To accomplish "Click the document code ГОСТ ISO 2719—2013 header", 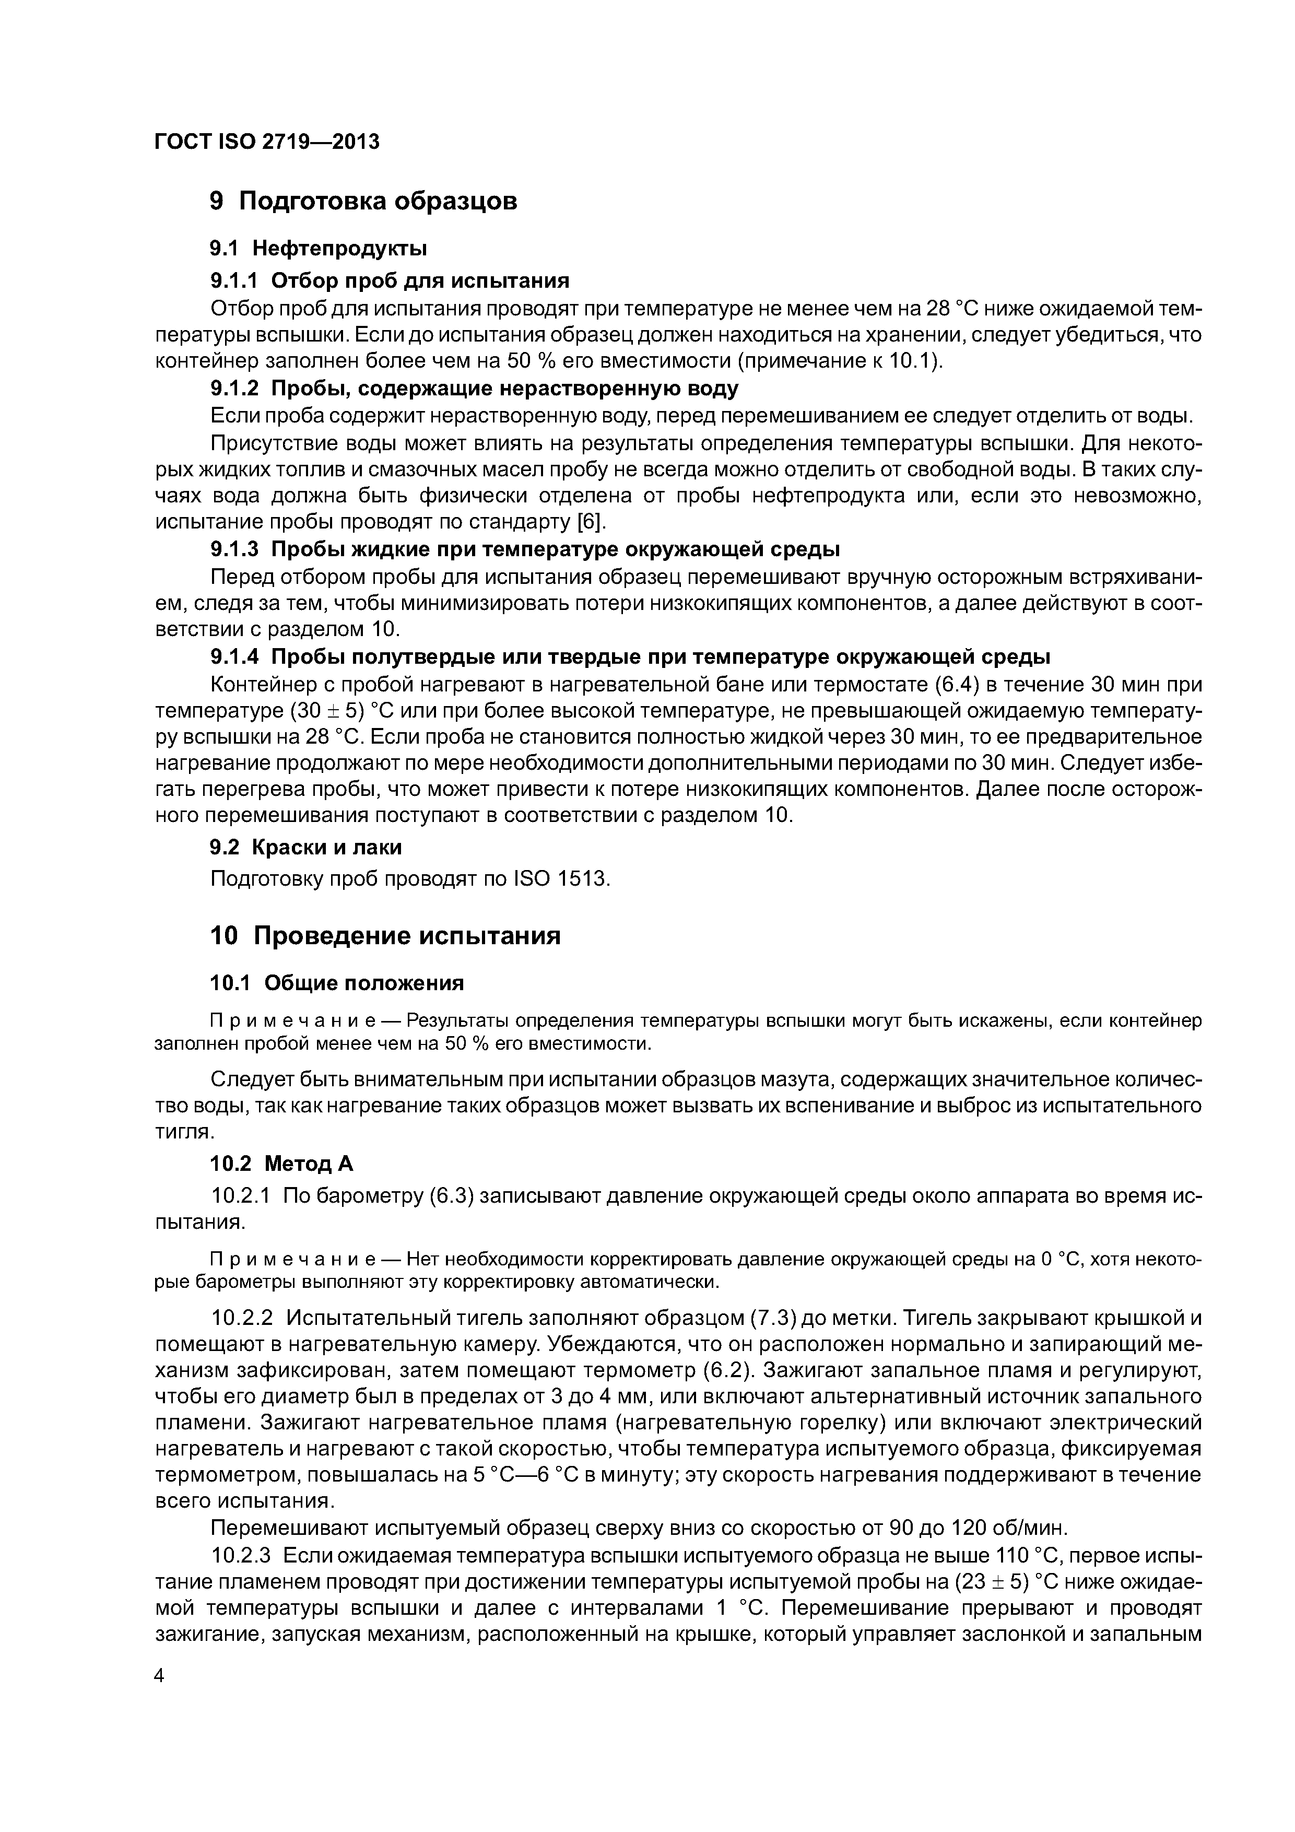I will click(266, 142).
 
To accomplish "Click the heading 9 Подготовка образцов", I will click(363, 201).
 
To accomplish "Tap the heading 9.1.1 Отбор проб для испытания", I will click(390, 281).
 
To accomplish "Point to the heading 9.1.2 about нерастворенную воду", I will click(474, 389).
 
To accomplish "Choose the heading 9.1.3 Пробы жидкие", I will click(524, 550).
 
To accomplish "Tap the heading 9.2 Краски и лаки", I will click(305, 848).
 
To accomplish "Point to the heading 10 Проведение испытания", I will click(385, 936).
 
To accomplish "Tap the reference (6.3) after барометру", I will click(452, 1196).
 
